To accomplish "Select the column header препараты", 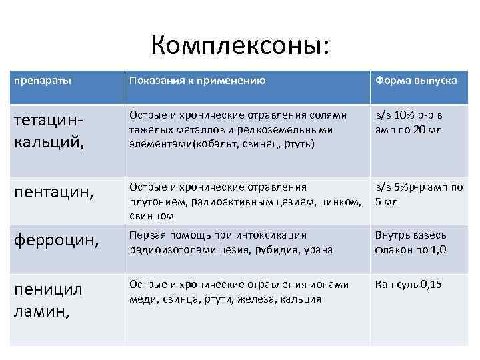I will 43,81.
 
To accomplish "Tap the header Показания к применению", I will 197,81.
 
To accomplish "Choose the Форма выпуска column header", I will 416,81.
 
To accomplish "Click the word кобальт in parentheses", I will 215,143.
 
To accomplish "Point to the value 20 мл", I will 427,129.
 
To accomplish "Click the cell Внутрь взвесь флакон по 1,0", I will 411,241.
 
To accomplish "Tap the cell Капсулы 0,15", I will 408,285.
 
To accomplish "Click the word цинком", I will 344,202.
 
